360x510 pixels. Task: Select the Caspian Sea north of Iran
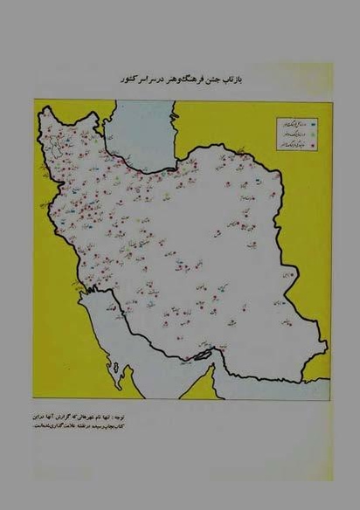pos(140,131)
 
